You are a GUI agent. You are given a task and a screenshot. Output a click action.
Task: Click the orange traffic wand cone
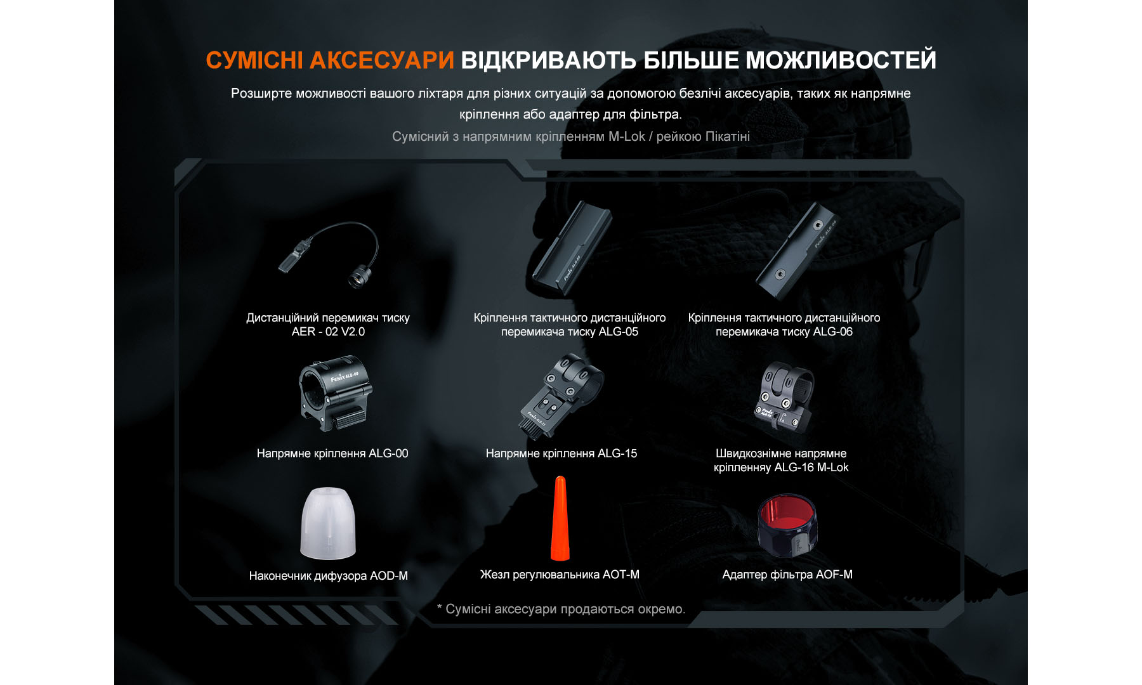560,520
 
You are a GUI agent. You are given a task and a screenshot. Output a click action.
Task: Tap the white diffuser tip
328,524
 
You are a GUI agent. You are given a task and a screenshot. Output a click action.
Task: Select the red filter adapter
787,525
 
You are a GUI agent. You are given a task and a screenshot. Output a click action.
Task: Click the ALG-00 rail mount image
334,394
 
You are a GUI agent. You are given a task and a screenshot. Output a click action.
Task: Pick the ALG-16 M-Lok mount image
784,397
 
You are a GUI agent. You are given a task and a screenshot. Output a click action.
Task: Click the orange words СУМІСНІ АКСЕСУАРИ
330,60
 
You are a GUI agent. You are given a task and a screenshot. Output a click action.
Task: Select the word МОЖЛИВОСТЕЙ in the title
841,60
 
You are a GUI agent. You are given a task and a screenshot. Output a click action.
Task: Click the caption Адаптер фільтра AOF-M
787,575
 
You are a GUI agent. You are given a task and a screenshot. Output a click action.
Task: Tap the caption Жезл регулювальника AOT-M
560,575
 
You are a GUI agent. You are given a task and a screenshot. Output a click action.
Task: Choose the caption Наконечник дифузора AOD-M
328,576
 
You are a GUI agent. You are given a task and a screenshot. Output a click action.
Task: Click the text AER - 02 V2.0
328,332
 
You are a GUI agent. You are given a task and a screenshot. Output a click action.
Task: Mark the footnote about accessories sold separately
561,609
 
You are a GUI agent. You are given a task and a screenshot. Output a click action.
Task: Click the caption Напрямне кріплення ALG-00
332,453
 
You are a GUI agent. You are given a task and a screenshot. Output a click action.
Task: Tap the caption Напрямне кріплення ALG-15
561,453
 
